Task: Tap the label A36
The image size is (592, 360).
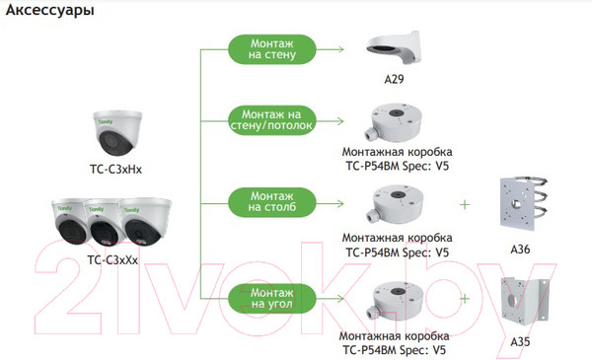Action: pos(521,250)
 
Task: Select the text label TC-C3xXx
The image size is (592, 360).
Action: pos(111,259)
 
